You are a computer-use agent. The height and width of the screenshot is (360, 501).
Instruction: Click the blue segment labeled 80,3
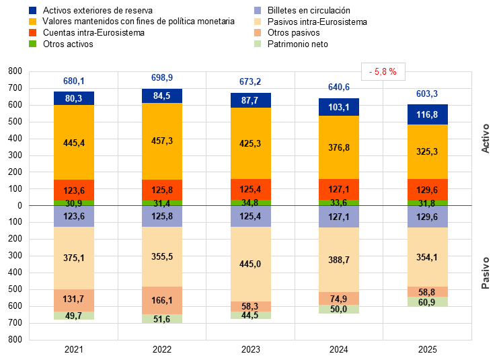74,98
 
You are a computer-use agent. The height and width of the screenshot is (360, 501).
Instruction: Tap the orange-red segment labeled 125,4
251,190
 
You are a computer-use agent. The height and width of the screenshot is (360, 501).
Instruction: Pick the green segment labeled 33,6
339,203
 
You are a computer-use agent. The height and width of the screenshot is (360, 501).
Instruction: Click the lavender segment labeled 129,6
428,217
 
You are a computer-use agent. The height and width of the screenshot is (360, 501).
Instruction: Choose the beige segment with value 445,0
251,264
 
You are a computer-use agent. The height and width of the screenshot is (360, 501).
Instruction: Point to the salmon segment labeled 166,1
162,300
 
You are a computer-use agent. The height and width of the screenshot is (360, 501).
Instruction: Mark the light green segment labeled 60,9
428,302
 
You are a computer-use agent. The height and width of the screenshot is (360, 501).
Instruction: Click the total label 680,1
74,81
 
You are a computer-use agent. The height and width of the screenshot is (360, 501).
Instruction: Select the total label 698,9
162,78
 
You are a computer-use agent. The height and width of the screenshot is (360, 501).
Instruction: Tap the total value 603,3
428,94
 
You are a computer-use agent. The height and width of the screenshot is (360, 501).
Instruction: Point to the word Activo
486,138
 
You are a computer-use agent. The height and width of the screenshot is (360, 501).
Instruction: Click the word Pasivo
486,273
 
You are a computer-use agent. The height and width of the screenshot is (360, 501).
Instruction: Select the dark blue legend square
33,11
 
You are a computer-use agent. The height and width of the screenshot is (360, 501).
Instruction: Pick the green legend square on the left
33,44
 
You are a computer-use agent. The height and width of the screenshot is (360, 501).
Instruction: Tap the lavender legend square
258,11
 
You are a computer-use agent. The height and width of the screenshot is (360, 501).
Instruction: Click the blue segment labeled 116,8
428,114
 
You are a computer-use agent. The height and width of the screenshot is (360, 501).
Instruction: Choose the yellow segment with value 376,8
339,147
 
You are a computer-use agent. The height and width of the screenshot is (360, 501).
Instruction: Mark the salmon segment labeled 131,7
74,300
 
